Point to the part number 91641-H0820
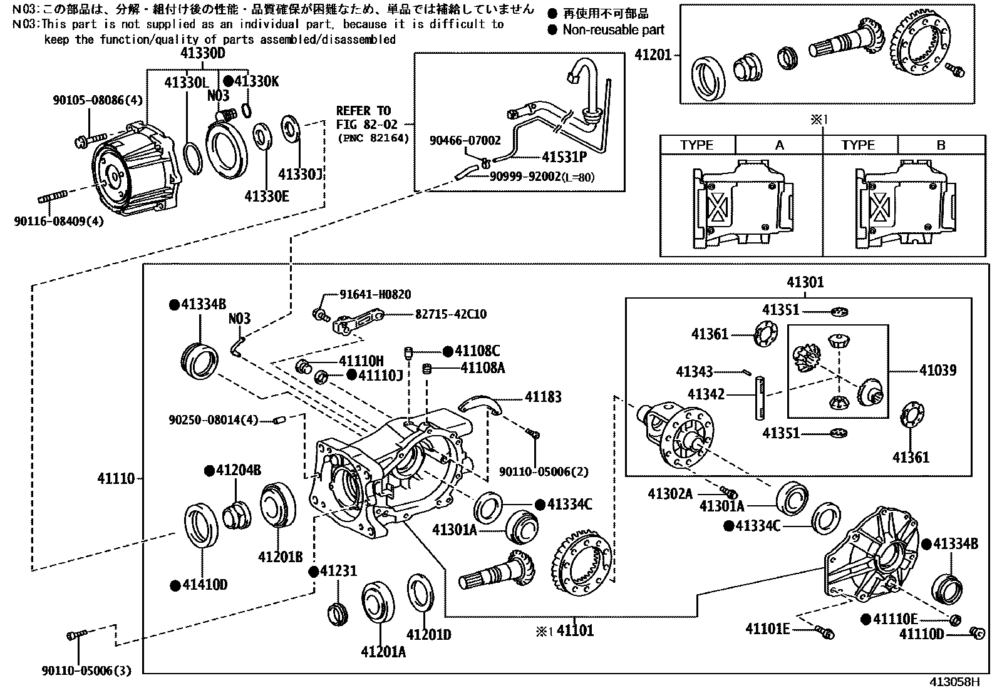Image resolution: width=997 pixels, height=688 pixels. pos(375,295)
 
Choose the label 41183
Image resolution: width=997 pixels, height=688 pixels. pos(543,397)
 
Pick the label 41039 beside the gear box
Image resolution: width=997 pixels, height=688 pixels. pos(938,370)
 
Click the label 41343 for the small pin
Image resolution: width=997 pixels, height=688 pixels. pos(694,372)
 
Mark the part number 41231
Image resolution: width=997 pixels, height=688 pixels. pos(338,571)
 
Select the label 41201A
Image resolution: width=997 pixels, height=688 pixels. pos(383,652)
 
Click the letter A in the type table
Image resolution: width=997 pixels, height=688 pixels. pos(779,145)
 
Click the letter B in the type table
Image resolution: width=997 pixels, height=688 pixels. pos(941,145)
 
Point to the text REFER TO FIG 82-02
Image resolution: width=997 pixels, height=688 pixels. pos(363,118)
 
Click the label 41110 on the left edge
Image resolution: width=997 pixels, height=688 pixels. pos(116,479)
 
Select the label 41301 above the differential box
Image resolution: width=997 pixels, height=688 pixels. pos(805,282)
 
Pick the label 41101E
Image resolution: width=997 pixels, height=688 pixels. pos(767,629)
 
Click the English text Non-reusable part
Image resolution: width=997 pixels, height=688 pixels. pos(613,29)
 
